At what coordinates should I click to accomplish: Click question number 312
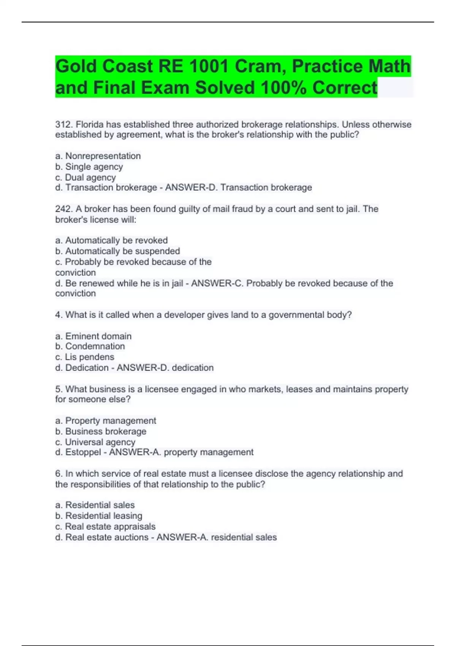tap(64, 125)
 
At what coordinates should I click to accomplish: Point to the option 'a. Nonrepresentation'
tap(98, 156)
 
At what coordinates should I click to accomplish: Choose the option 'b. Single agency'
tap(89, 167)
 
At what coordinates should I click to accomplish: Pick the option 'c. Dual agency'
tap(85, 177)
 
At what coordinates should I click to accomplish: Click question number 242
tap(64, 209)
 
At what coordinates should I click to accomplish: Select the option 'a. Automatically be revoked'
tap(111, 241)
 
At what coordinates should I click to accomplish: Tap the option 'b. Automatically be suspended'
tap(117, 251)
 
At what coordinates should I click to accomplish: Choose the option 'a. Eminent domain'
tap(93, 336)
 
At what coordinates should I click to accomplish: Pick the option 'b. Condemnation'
tap(90, 346)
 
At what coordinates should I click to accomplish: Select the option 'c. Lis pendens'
tap(85, 357)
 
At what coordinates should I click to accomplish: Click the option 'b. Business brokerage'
tap(101, 431)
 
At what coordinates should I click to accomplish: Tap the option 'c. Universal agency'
tap(95, 442)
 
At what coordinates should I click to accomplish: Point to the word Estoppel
tap(83, 452)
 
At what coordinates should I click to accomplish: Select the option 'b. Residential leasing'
tap(99, 516)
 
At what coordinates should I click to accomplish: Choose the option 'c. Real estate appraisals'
tap(105, 527)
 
